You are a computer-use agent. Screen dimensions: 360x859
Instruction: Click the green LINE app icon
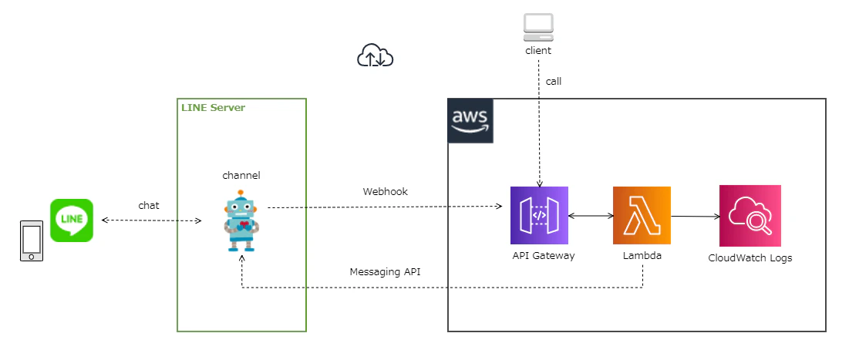click(72, 220)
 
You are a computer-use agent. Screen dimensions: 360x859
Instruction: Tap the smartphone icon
click(31, 241)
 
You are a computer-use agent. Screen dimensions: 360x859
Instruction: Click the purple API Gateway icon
click(539, 215)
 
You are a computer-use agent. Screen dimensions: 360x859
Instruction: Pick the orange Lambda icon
click(642, 215)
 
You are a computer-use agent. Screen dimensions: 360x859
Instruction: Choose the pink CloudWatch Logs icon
click(750, 215)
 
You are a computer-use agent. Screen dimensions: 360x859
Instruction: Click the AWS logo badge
click(470, 121)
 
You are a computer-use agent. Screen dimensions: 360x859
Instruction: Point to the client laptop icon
click(537, 27)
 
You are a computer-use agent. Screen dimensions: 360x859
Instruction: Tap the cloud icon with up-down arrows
click(376, 56)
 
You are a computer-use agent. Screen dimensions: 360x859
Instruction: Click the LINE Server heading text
click(213, 107)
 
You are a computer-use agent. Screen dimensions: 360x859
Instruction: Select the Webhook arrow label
click(385, 191)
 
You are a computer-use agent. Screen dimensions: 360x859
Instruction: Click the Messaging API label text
click(385, 271)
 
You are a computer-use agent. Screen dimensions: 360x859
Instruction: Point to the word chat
click(149, 205)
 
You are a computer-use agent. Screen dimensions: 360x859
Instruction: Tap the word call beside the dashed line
click(554, 80)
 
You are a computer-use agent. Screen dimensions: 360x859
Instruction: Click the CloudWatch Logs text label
click(750, 257)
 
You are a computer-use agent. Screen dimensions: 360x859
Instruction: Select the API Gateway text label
click(543, 255)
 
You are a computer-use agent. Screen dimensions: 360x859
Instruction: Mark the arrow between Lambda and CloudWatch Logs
click(695, 217)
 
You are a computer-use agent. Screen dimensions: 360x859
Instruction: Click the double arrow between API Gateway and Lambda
click(590, 217)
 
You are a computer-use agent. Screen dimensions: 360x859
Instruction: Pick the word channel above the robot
click(241, 175)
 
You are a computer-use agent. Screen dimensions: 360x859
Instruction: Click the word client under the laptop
click(537, 50)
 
